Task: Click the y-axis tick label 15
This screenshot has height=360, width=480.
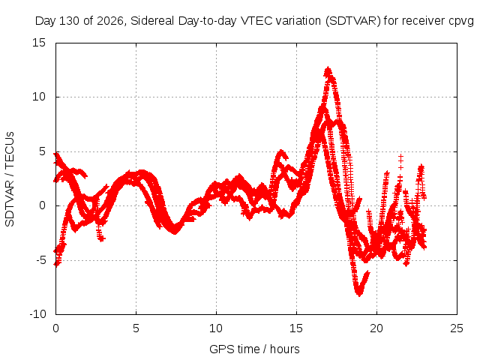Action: pyautogui.click(x=39, y=43)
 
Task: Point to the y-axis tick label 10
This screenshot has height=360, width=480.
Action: pyautogui.click(x=39, y=97)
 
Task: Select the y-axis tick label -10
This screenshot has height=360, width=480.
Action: pyautogui.click(x=37, y=314)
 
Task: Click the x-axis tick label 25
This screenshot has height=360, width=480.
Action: pyautogui.click(x=457, y=328)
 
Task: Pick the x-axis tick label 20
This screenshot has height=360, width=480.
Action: pyautogui.click(x=376, y=328)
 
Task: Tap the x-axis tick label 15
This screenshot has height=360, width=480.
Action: pyautogui.click(x=296, y=328)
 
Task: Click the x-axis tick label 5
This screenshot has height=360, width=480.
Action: pyautogui.click(x=136, y=328)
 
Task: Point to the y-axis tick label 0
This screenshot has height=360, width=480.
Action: pyautogui.click(x=42, y=205)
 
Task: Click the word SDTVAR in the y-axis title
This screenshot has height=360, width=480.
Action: pyautogui.click(x=10, y=203)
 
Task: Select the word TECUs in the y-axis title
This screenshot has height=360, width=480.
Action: pyautogui.click(x=10, y=150)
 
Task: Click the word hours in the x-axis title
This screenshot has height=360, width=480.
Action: pyautogui.click(x=285, y=349)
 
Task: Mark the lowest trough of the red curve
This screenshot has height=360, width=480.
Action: pyautogui.click(x=359, y=295)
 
